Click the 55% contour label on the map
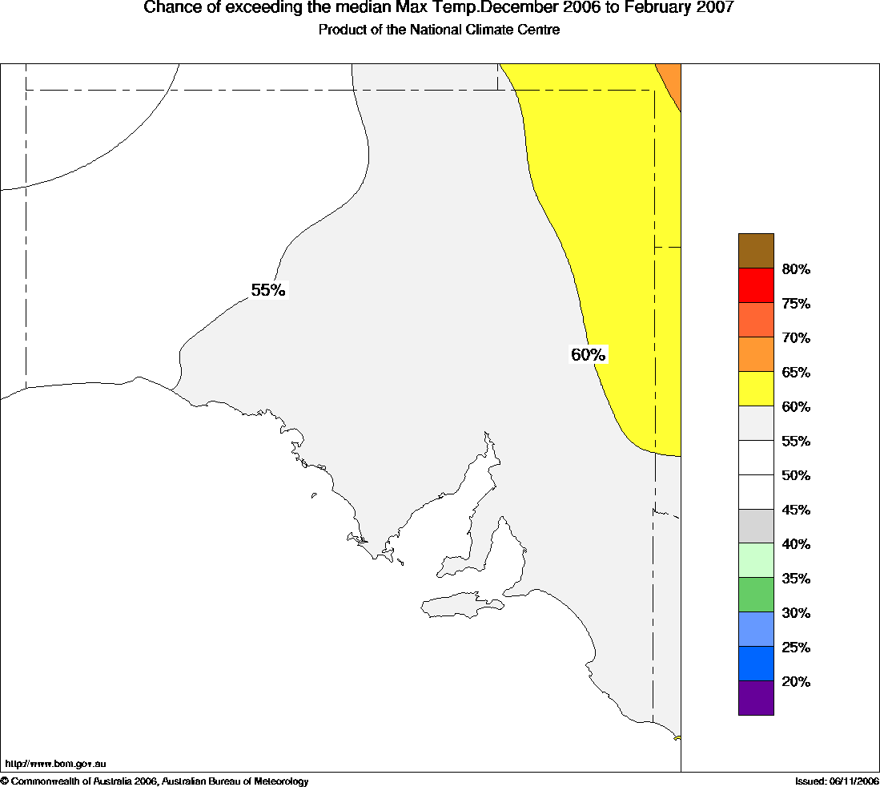tap(268, 290)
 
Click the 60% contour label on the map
tap(589, 354)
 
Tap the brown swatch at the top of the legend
tap(756, 251)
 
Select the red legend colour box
tap(756, 285)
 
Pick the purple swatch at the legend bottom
tap(756, 698)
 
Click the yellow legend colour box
tap(756, 389)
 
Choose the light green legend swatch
tap(756, 560)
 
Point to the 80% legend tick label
tap(796, 269)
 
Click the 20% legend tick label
tap(796, 682)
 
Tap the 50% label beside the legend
tap(796, 475)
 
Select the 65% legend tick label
tap(796, 372)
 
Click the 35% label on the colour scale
tap(796, 579)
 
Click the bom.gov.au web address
tap(56, 765)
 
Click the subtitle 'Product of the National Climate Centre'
tap(439, 30)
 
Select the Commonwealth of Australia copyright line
tap(155, 781)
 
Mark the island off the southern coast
tap(460, 605)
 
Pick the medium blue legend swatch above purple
tap(756, 664)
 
